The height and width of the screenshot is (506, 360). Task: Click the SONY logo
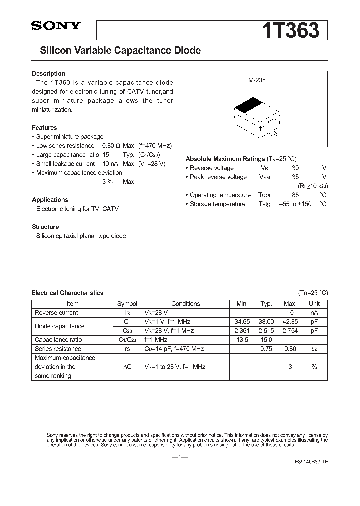point(55,26)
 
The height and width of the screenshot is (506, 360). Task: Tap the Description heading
point(48,74)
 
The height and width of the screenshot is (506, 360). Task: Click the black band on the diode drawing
point(248,106)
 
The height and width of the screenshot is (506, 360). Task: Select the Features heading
point(44,128)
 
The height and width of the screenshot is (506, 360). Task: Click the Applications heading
point(50,200)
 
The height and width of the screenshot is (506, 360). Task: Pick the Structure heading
point(45,227)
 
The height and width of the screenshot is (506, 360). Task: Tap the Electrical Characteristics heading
point(67,293)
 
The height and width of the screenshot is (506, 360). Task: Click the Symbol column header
point(127,304)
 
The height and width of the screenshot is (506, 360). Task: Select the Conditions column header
point(185,304)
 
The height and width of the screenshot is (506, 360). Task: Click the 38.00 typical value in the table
point(267,322)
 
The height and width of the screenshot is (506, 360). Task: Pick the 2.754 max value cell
point(290,331)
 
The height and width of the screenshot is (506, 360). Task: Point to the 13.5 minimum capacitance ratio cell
point(242,340)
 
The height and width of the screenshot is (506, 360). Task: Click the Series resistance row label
point(55,349)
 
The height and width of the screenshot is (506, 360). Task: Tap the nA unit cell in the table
point(314,313)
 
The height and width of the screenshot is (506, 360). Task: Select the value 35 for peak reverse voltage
point(295,177)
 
